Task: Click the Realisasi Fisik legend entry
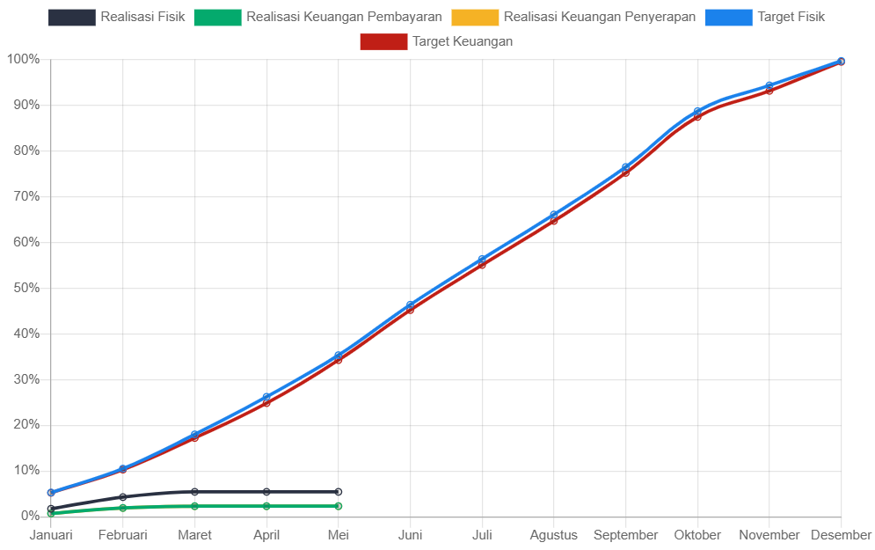click(x=117, y=17)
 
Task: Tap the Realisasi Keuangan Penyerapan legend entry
click(x=572, y=17)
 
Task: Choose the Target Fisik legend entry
click(x=765, y=17)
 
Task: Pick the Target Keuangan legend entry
click(x=436, y=41)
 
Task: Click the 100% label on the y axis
click(x=23, y=59)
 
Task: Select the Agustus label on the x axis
click(x=554, y=535)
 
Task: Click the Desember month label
click(x=841, y=535)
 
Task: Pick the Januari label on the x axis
click(x=51, y=535)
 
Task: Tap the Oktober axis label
click(x=697, y=535)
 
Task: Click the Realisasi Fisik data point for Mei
click(x=339, y=492)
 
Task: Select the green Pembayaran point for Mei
click(x=339, y=506)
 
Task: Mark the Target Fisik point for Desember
click(x=842, y=61)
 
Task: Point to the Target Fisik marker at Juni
click(x=411, y=305)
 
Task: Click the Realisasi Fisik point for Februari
click(x=123, y=497)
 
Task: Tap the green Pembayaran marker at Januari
click(x=51, y=513)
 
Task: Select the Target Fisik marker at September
click(x=626, y=167)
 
